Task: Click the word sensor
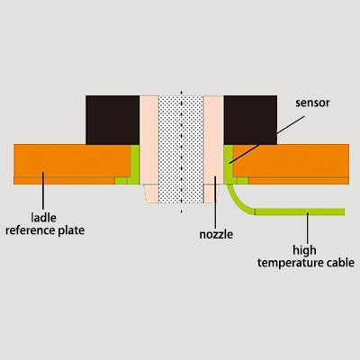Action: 312,103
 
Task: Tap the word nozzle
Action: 216,234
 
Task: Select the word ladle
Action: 44,218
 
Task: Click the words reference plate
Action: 45,230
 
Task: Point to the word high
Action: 304,250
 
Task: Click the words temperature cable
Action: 306,263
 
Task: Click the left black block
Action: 112,120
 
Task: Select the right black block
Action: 250,120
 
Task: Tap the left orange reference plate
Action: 72,164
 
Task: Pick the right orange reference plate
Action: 291,164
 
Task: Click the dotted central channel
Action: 181,149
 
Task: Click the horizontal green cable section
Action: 300,211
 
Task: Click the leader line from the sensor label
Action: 266,139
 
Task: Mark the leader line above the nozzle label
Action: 215,202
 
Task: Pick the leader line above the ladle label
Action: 43,191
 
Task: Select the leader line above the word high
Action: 307,228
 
